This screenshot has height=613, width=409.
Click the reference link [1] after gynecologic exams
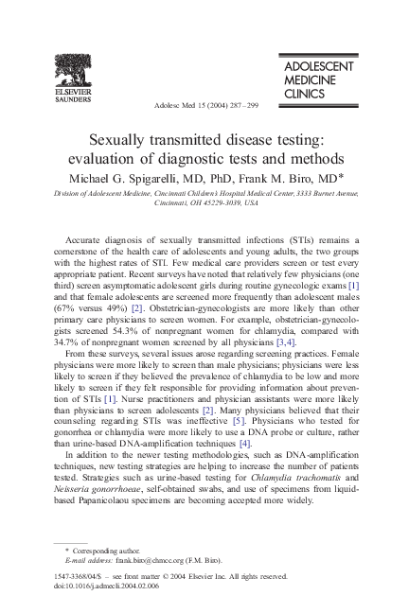[353, 285]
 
